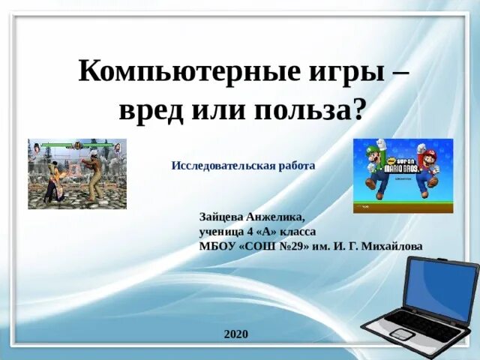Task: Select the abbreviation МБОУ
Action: (217, 245)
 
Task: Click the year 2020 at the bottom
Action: (235, 334)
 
